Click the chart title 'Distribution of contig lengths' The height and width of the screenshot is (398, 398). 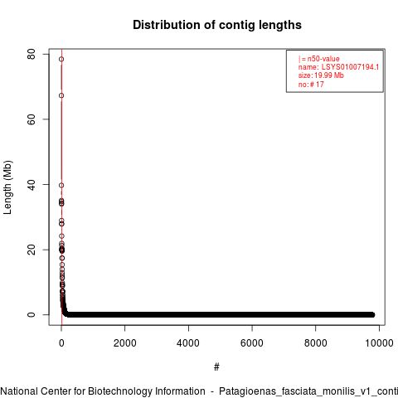pyautogui.click(x=217, y=25)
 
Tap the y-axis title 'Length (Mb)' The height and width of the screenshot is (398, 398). pyautogui.click(x=8, y=187)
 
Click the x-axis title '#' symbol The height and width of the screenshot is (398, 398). pyautogui.click(x=216, y=367)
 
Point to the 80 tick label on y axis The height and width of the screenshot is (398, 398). pyautogui.click(x=32, y=54)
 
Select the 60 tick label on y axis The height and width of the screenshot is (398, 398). pyautogui.click(x=32, y=119)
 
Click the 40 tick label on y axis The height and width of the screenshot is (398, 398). pyautogui.click(x=32, y=185)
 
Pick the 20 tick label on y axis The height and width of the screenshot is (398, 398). pyautogui.click(x=32, y=250)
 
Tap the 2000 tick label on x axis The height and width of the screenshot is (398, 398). pyautogui.click(x=125, y=343)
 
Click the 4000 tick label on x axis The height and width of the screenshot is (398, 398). pyautogui.click(x=188, y=343)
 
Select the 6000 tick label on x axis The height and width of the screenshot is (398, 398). pyautogui.click(x=252, y=343)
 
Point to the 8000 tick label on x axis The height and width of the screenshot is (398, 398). pyautogui.click(x=316, y=343)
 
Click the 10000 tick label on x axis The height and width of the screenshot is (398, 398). pyautogui.click(x=379, y=343)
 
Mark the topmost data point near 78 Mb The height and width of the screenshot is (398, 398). pyautogui.click(x=61, y=59)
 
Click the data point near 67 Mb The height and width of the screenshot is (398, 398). pyautogui.click(x=61, y=95)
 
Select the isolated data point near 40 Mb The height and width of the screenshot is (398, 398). pyautogui.click(x=61, y=185)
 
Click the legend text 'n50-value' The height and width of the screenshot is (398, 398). pyautogui.click(x=323, y=59)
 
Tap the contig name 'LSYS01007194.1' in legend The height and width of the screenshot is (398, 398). pyautogui.click(x=350, y=67)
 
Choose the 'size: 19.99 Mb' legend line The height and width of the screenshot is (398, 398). pyautogui.click(x=321, y=75)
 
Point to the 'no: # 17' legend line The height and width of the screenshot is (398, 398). pyautogui.click(x=311, y=85)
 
